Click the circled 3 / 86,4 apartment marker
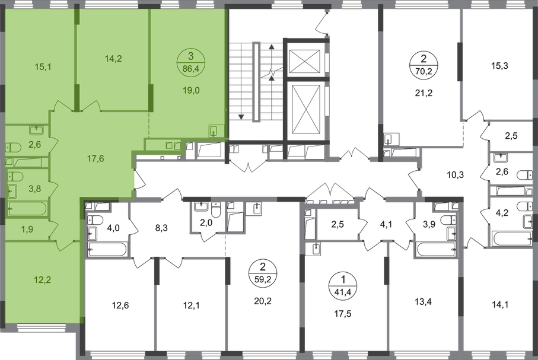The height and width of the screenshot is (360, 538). point(190,60)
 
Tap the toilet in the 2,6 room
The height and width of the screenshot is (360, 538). point(14,146)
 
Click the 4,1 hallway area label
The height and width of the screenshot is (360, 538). point(387,224)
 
